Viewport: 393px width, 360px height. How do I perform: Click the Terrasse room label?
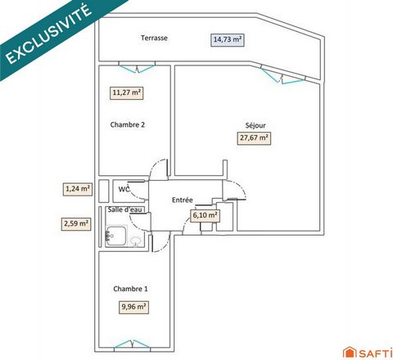[x=154, y=38]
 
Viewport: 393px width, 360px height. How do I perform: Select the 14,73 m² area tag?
[x=228, y=39]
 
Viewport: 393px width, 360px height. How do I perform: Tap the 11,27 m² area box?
[x=127, y=92]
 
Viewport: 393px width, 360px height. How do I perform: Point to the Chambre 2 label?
[x=128, y=124]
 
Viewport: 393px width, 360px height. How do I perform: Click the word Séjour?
[x=255, y=125]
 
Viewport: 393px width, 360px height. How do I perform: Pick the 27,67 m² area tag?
[x=254, y=137]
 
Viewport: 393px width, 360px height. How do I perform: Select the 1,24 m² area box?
[x=78, y=189]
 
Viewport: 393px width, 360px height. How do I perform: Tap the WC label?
[x=124, y=189]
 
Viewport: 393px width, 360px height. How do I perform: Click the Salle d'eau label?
[x=125, y=209]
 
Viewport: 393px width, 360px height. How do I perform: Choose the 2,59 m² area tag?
[x=76, y=224]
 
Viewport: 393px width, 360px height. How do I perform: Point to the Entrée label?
[x=183, y=200]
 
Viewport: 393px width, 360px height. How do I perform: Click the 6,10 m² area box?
[x=206, y=215]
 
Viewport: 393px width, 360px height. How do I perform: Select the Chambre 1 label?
[x=130, y=289]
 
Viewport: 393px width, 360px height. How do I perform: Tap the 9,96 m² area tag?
[x=133, y=307]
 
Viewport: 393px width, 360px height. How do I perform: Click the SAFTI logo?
[x=368, y=352]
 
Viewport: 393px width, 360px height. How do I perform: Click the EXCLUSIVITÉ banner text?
[x=48, y=34]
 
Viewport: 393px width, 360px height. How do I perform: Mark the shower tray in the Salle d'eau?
[x=116, y=236]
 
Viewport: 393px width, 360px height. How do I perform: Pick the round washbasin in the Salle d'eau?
[x=135, y=241]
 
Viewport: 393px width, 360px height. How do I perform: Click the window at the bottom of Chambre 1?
[x=132, y=344]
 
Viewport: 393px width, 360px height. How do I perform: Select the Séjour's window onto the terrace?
[x=282, y=75]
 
